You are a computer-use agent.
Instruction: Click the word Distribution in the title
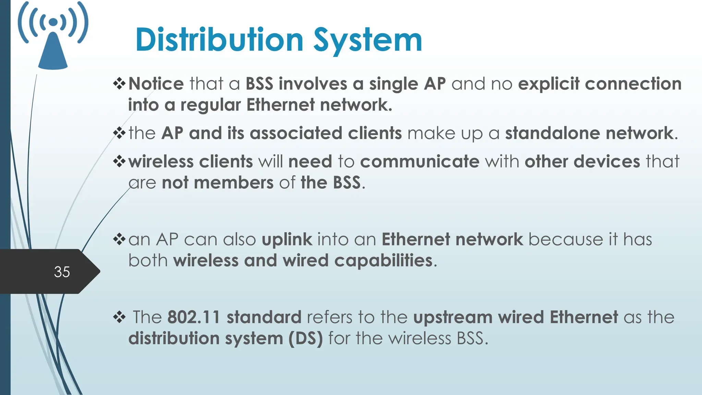[x=219, y=40]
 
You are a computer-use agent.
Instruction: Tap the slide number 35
[x=62, y=272]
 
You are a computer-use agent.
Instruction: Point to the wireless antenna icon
[x=53, y=36]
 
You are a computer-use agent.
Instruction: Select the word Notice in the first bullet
[x=156, y=84]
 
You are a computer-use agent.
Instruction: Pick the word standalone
[x=552, y=133]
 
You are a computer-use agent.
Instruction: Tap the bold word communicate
[x=420, y=161]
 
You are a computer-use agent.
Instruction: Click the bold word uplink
[x=287, y=240]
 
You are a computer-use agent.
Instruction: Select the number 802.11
[x=194, y=317]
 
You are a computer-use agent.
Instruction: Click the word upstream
[x=453, y=318]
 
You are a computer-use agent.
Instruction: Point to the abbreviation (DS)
[x=305, y=338]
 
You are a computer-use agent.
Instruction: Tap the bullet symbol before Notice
[x=119, y=84]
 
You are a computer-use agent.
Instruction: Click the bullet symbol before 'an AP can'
[x=119, y=239]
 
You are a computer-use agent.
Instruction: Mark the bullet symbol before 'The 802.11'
[x=119, y=317]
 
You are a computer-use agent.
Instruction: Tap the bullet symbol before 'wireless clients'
[x=119, y=161]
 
